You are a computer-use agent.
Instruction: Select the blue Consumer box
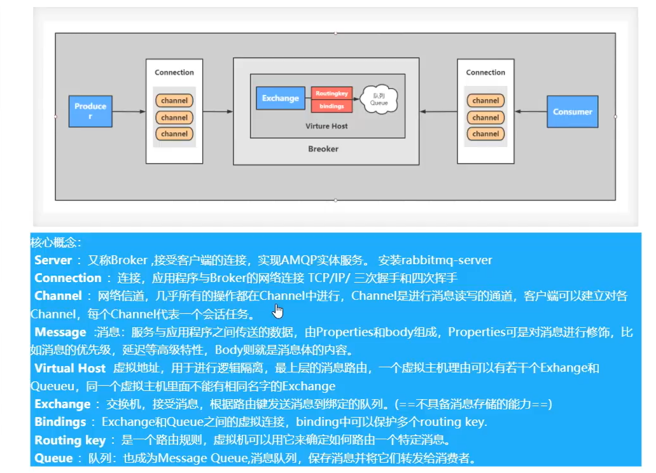click(573, 112)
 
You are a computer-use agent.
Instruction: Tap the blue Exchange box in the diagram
click(280, 98)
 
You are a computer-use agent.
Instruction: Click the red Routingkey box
click(331, 93)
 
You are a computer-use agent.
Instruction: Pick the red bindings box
click(331, 106)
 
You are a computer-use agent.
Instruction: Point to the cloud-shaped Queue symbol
click(379, 99)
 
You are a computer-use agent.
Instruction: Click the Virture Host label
click(326, 126)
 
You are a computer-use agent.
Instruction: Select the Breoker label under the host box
click(323, 149)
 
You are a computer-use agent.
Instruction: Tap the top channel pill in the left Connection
click(174, 101)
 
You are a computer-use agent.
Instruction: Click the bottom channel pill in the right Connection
click(485, 134)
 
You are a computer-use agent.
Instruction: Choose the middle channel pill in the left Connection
click(174, 117)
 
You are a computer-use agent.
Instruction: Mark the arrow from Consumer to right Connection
click(531, 112)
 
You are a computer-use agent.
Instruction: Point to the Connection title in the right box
click(485, 73)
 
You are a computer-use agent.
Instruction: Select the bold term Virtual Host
click(70, 368)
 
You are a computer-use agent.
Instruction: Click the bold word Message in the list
click(60, 332)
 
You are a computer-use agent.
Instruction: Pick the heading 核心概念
click(56, 243)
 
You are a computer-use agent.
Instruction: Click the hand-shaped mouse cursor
click(278, 311)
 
